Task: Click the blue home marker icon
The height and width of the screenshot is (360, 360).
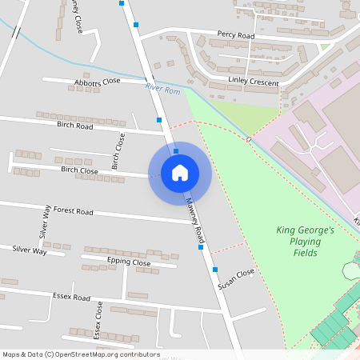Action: [180, 173]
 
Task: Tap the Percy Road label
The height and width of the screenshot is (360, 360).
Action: [235, 36]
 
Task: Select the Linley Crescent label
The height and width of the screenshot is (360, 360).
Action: [254, 82]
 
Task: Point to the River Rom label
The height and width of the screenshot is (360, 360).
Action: [158, 88]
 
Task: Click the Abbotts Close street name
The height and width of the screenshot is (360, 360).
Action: [97, 82]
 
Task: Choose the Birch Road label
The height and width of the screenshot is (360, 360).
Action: [75, 126]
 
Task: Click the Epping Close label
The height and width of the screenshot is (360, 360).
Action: [128, 262]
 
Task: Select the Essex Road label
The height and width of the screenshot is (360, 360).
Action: [71, 297]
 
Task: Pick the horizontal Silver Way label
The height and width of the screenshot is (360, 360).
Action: [29, 250]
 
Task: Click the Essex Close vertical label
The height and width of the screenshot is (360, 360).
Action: [98, 319]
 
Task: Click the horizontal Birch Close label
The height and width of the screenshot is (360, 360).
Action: [79, 170]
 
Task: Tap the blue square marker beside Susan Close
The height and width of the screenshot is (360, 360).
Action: [215, 269]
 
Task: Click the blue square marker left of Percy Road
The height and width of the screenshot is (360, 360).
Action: [137, 26]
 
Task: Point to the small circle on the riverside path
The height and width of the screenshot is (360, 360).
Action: [249, 139]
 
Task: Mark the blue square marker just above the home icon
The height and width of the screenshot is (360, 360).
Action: [176, 150]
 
